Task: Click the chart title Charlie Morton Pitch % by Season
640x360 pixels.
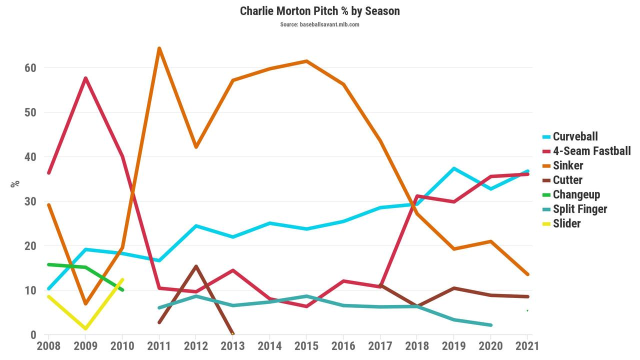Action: (x=319, y=11)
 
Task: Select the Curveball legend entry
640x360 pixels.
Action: (x=575, y=136)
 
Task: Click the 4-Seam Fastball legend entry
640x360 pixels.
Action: (x=591, y=151)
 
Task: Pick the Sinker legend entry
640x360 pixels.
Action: (x=568, y=165)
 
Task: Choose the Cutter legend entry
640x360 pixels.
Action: (x=567, y=180)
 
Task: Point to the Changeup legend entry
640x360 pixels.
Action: (x=576, y=194)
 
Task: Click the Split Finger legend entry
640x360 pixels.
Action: (x=579, y=209)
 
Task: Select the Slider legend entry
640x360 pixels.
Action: (x=566, y=223)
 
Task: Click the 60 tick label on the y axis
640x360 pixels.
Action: (x=30, y=68)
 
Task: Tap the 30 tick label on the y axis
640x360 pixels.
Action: (x=30, y=201)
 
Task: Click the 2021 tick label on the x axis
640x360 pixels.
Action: (x=527, y=346)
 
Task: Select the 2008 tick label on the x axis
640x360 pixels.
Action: (x=48, y=346)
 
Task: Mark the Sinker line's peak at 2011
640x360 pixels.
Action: (x=159, y=48)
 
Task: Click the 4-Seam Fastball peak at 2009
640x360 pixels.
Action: (x=85, y=78)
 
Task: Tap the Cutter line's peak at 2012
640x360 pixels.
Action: (x=196, y=266)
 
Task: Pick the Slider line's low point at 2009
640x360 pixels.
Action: (x=85, y=328)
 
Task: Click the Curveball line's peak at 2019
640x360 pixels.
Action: (x=453, y=168)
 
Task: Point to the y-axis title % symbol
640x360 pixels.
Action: (x=15, y=183)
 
